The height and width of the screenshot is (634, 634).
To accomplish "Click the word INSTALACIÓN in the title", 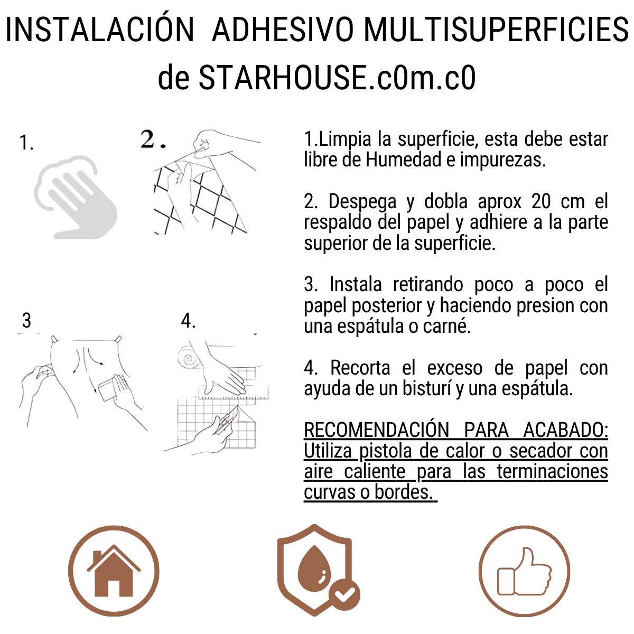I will (x=100, y=30).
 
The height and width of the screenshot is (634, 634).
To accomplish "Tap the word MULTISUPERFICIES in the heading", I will (x=496, y=30).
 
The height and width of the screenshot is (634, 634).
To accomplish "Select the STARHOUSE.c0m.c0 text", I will (x=337, y=78).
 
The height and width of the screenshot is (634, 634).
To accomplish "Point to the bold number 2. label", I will (x=153, y=139).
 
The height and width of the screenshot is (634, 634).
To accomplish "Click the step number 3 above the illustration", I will (x=26, y=321).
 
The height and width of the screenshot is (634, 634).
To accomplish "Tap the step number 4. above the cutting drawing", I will (x=188, y=321).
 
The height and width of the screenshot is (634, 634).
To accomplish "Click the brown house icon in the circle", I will (x=114, y=571).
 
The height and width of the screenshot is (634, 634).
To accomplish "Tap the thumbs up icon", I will (x=524, y=572).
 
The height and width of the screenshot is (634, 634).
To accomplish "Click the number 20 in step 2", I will (x=541, y=202).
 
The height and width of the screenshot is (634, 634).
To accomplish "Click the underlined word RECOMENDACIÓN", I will (x=376, y=430).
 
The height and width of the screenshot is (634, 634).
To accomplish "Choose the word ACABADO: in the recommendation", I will (x=565, y=430).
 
